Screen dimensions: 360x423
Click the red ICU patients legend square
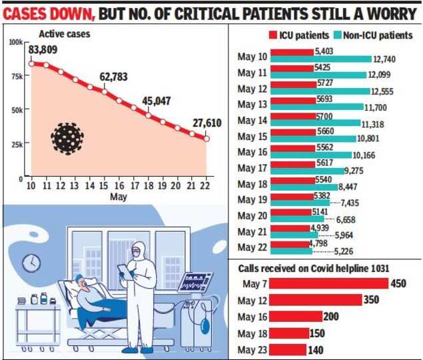point(272,35)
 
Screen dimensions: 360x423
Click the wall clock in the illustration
point(30,264)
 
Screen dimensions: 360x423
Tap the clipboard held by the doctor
point(124,271)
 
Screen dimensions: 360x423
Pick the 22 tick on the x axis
point(207,185)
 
